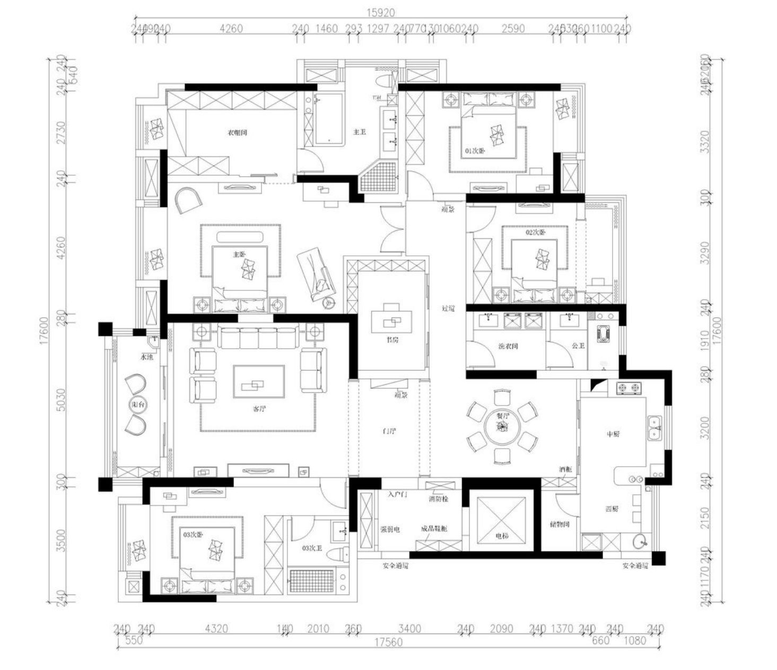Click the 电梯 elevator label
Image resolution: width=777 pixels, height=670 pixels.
click(x=501, y=536)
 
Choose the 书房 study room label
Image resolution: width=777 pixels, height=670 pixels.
click(x=392, y=339)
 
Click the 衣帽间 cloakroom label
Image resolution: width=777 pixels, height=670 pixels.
click(x=237, y=133)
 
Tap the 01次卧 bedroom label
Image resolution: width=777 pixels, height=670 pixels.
click(x=475, y=151)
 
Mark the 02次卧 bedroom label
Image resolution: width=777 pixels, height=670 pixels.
click(x=535, y=233)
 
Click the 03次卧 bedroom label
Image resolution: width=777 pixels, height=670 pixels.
click(x=193, y=535)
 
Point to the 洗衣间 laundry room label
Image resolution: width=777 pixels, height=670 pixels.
click(x=508, y=346)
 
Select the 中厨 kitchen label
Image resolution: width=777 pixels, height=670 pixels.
click(x=613, y=434)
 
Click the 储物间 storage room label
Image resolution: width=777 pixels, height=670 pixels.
click(x=560, y=525)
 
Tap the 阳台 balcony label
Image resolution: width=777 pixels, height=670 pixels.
click(x=137, y=405)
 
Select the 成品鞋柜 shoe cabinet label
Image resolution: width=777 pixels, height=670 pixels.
click(x=434, y=529)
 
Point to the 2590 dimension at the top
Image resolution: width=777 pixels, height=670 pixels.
click(x=513, y=28)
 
